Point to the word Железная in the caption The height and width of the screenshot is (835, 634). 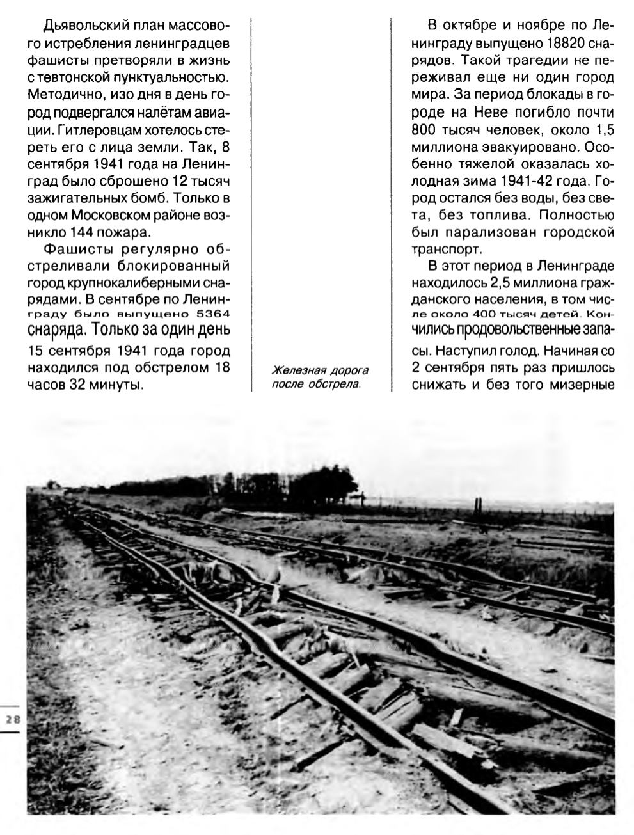[294, 371]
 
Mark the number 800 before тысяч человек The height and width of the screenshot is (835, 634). [423, 130]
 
